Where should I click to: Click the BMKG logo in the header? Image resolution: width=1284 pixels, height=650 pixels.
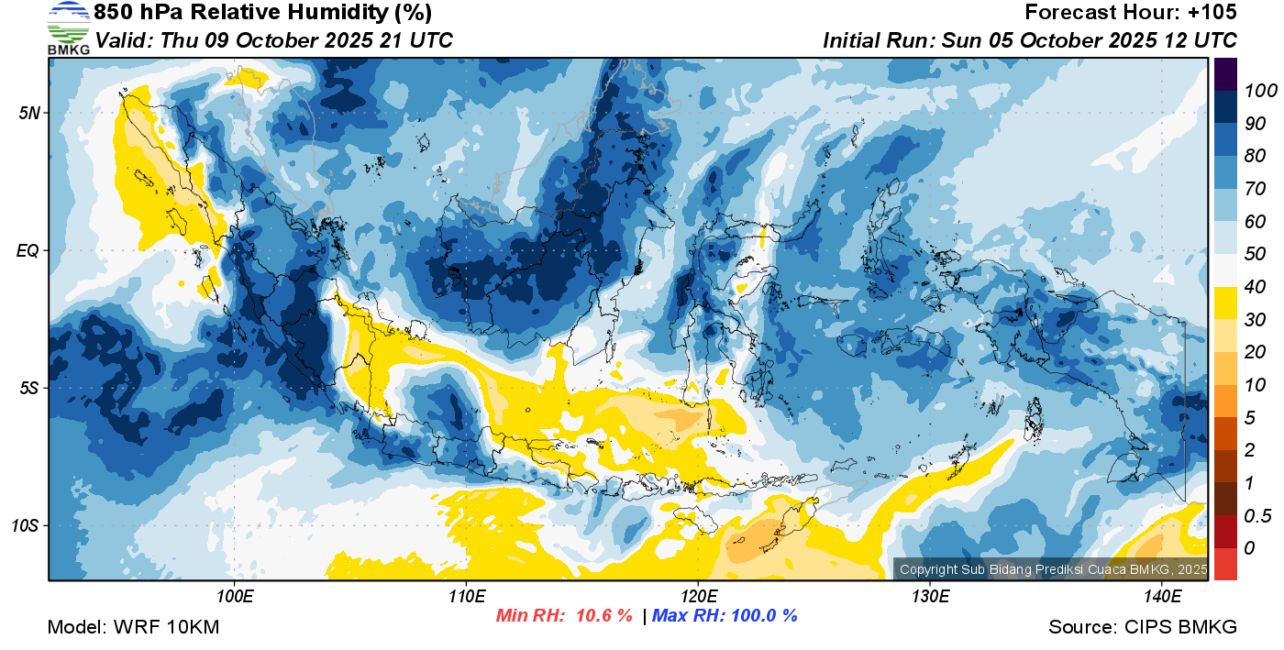[68, 28]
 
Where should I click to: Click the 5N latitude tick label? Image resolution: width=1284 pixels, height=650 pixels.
[29, 113]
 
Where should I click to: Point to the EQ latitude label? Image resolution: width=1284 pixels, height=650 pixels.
[28, 250]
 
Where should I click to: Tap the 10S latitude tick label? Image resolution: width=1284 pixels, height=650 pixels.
[26, 525]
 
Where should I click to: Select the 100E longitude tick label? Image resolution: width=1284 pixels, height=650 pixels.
[235, 597]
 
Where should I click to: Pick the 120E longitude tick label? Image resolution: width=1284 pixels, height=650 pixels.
[698, 597]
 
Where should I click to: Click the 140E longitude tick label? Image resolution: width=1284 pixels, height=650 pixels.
[1162, 597]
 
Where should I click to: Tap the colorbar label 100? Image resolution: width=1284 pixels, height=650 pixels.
[1260, 91]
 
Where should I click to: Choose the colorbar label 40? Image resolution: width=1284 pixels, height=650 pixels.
[1255, 287]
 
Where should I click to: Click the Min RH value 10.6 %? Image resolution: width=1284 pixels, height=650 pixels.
[603, 615]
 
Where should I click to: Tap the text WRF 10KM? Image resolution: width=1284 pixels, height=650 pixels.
[166, 627]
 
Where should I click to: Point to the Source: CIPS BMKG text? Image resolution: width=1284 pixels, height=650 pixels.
[1143, 627]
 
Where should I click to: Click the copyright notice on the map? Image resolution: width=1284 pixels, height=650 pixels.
[1054, 569]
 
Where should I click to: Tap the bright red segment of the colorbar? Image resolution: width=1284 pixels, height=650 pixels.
[1225, 564]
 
